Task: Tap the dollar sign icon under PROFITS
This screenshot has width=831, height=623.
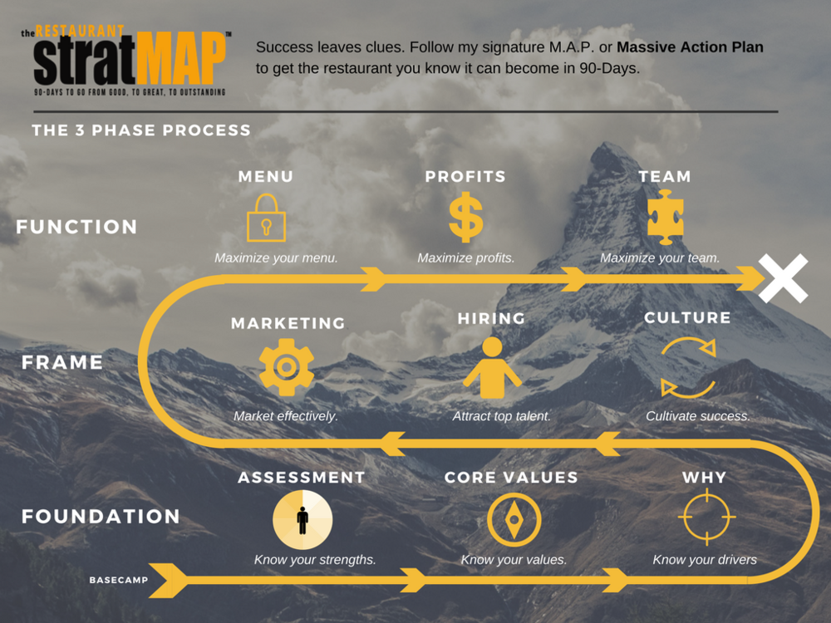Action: (465, 218)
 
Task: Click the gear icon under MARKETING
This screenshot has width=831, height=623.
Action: (287, 366)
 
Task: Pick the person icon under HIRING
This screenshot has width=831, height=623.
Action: (492, 368)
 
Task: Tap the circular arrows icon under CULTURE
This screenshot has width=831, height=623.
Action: (688, 367)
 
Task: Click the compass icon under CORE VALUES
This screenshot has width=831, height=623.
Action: (514, 519)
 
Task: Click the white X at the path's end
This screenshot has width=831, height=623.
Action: (784, 278)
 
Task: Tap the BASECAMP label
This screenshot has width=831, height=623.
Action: (118, 580)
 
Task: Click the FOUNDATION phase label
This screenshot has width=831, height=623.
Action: (101, 516)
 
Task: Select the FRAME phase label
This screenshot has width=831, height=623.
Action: (62, 362)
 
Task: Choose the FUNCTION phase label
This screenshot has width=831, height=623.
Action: (76, 227)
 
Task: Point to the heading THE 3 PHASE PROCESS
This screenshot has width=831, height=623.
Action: (141, 130)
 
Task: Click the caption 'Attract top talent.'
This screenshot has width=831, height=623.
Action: (501, 415)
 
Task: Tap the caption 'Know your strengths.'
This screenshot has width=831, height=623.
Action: (315, 560)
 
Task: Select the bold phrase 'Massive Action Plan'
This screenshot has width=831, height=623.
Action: (690, 47)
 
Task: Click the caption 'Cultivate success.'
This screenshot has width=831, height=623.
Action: (698, 415)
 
